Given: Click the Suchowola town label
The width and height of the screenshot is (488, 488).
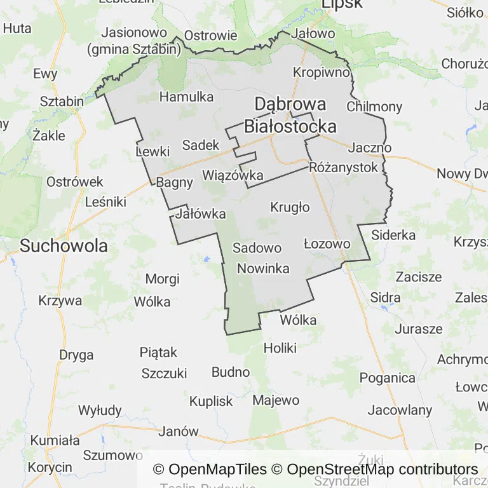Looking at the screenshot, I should (x=64, y=246).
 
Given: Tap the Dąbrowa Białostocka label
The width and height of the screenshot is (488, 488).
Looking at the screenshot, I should (x=290, y=115).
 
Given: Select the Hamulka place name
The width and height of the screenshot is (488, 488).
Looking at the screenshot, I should (x=186, y=97).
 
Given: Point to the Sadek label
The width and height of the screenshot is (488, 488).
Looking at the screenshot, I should (x=200, y=145).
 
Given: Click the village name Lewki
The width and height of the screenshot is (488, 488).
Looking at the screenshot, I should (x=153, y=151).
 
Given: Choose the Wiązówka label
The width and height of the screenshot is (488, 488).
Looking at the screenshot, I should (x=233, y=175).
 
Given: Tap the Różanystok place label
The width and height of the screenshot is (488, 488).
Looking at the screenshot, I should (x=343, y=167).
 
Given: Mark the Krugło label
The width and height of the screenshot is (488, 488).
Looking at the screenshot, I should (x=290, y=207).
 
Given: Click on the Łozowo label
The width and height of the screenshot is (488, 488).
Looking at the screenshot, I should (x=327, y=243).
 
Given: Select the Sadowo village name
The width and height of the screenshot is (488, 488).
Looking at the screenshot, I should (x=257, y=248).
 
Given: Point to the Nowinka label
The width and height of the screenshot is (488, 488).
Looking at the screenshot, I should (x=263, y=268).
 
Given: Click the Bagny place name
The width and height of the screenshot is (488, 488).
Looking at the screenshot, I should (x=174, y=182).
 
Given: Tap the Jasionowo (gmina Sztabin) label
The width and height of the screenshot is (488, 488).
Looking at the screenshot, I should (x=134, y=41).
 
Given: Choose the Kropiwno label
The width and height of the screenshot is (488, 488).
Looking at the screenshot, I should (x=322, y=72).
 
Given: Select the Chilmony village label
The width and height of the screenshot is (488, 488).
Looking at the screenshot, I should (x=374, y=106).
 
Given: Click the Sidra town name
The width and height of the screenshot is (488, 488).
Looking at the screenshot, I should (x=386, y=297).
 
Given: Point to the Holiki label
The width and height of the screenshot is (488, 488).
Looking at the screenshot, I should (x=280, y=348).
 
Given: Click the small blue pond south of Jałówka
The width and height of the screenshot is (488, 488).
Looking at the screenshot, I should (x=207, y=259).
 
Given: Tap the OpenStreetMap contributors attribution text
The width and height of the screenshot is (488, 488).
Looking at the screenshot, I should (x=382, y=469).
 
